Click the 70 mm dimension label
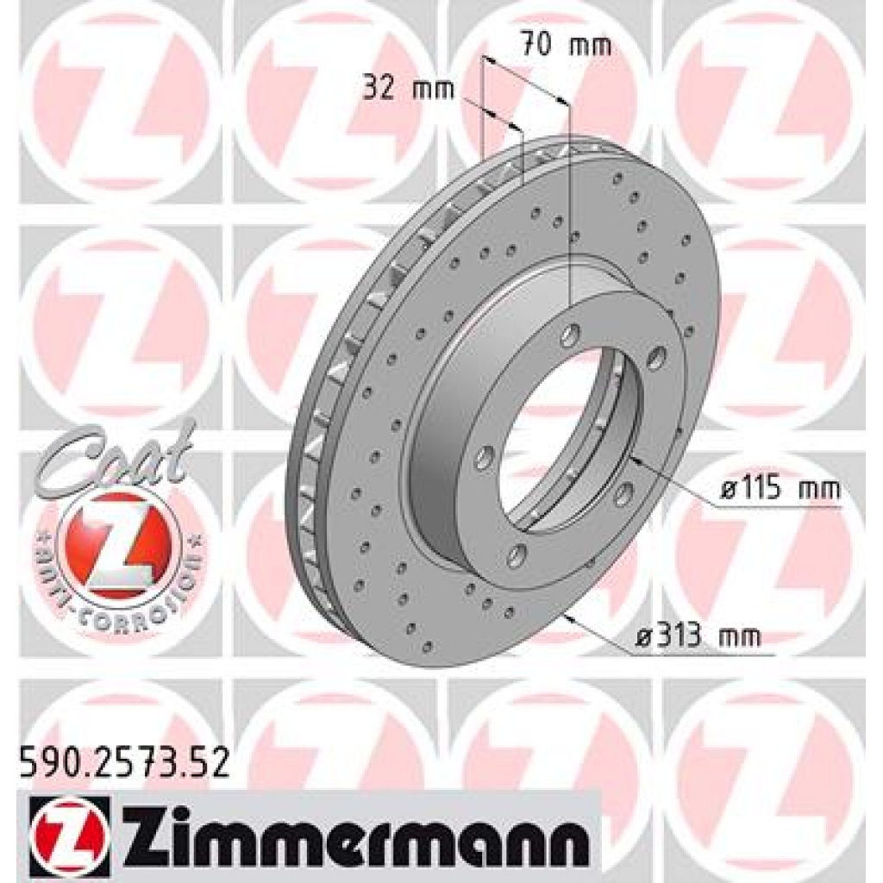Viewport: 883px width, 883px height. [x=566, y=44]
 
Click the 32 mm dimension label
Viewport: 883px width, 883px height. [x=408, y=89]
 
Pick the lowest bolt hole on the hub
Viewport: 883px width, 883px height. [x=517, y=554]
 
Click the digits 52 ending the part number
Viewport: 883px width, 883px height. [x=210, y=763]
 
